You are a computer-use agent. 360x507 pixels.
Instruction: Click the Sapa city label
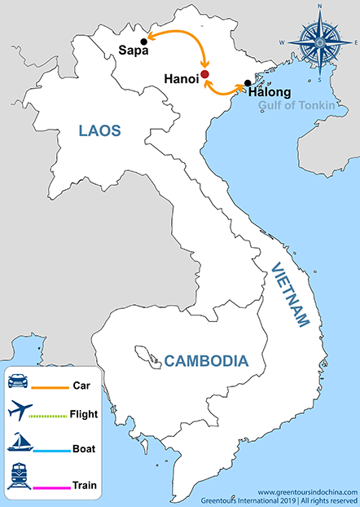click(x=129, y=51)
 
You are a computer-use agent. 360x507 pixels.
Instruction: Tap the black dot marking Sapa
click(x=144, y=41)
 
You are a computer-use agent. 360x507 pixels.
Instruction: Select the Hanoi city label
click(x=181, y=79)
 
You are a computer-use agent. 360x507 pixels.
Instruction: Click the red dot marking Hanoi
click(x=205, y=74)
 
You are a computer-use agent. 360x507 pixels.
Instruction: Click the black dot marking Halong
click(x=247, y=82)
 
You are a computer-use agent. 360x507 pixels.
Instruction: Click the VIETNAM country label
click(x=291, y=294)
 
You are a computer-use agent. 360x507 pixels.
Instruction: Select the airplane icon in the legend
click(x=19, y=413)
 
